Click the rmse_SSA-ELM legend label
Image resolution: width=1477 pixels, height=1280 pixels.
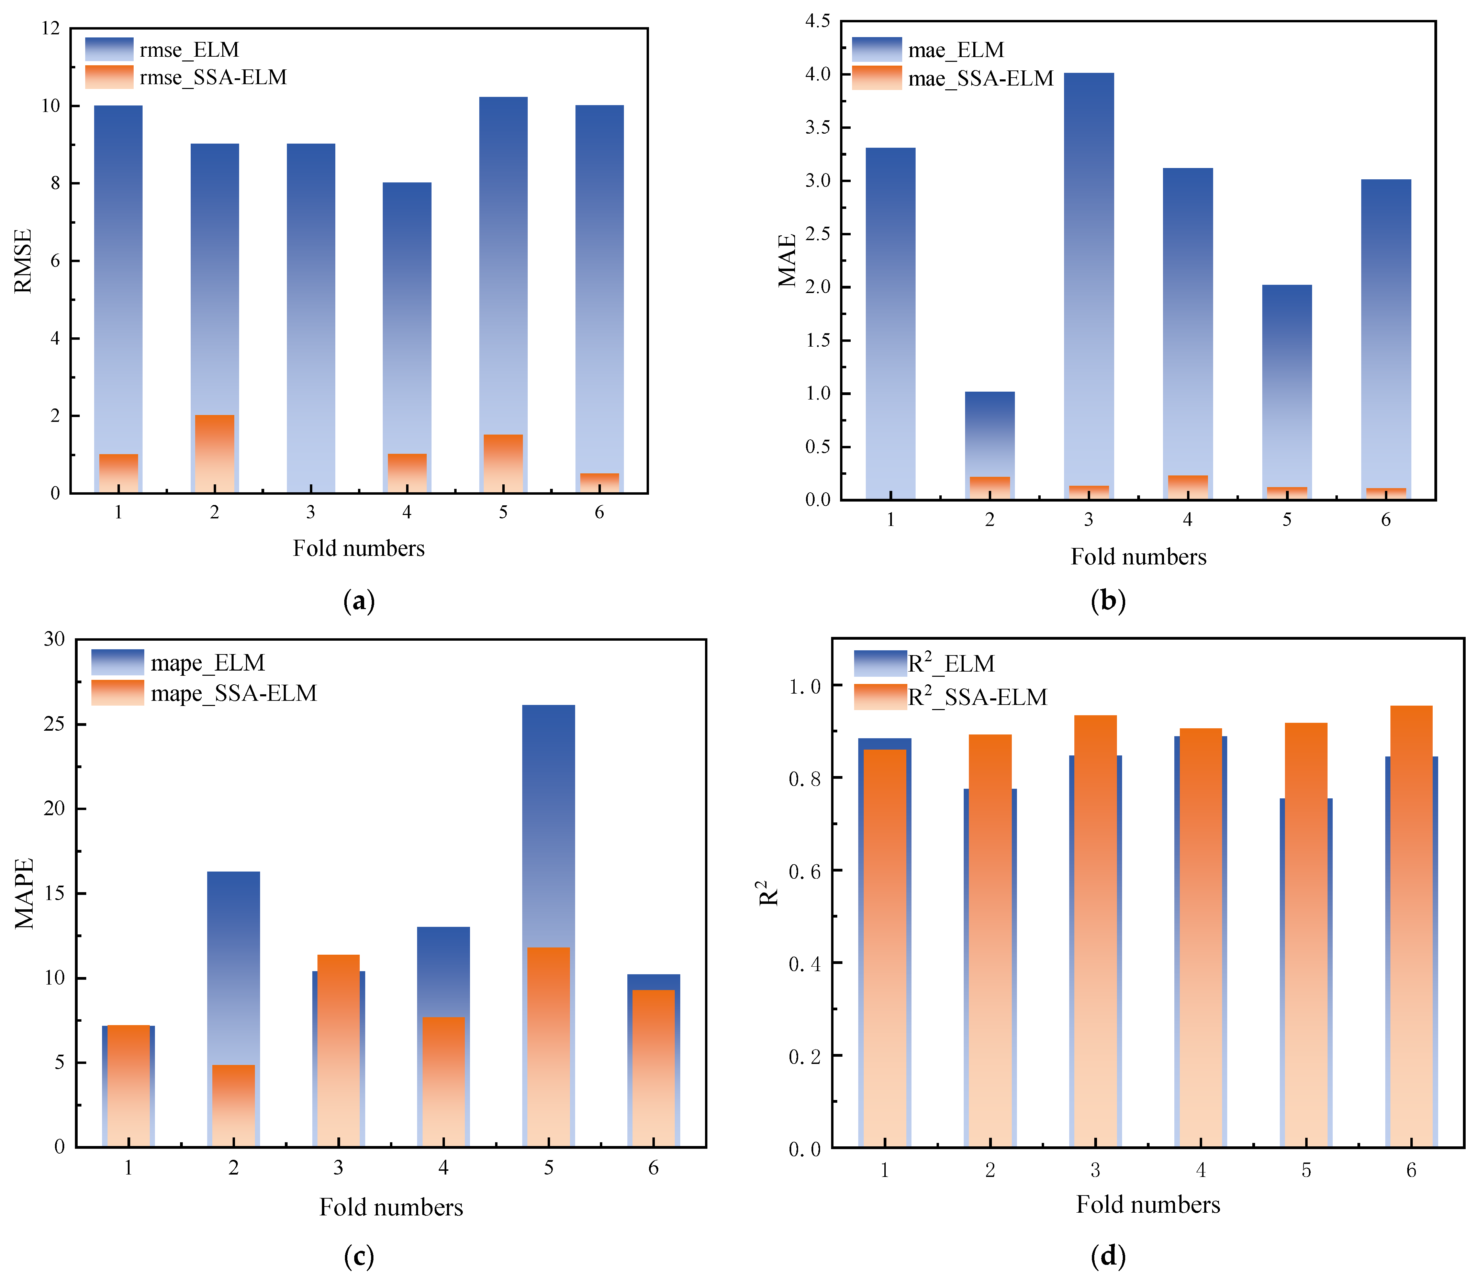pos(213,77)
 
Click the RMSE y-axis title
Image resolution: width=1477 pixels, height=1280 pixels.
pos(24,261)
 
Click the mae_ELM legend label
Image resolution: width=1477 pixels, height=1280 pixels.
pos(955,50)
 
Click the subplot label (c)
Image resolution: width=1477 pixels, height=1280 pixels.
pos(359,1255)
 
